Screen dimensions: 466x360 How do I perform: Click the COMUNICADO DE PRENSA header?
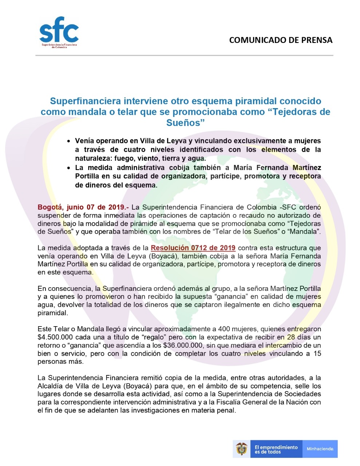(281, 40)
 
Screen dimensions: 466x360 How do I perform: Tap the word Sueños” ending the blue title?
(186, 123)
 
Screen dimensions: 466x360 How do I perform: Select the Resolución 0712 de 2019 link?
(193, 248)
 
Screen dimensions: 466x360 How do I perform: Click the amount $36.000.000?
(184, 345)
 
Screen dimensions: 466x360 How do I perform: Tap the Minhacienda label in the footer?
(320, 449)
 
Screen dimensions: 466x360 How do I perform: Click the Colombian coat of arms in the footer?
(242, 449)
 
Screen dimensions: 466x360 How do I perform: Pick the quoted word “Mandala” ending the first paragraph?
(306, 232)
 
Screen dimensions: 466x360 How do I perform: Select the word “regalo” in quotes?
(154, 337)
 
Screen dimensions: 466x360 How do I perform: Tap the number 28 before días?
(291, 337)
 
